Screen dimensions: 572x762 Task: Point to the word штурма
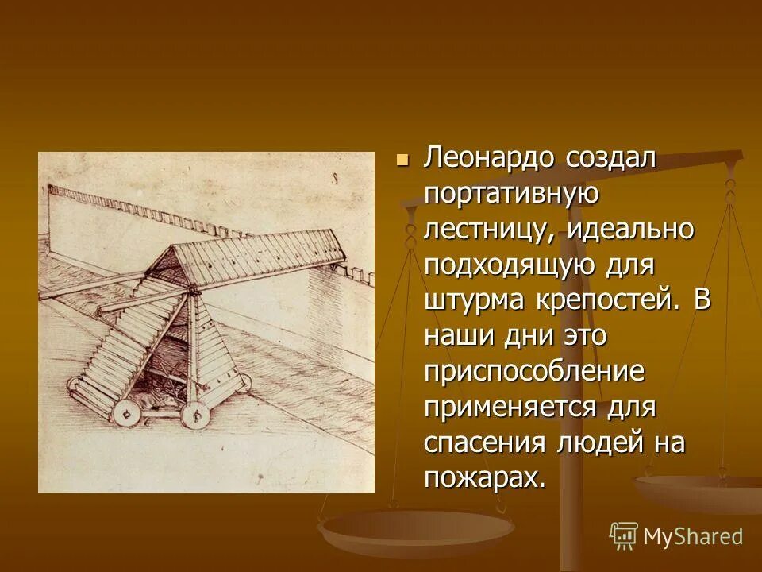coord(472,301)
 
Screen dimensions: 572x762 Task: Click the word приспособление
coord(533,372)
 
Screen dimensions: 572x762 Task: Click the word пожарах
coord(484,478)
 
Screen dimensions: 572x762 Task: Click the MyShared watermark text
coord(693,536)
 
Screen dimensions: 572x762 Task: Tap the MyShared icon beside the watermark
coord(624,536)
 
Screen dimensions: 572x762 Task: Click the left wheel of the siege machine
coord(125,413)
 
